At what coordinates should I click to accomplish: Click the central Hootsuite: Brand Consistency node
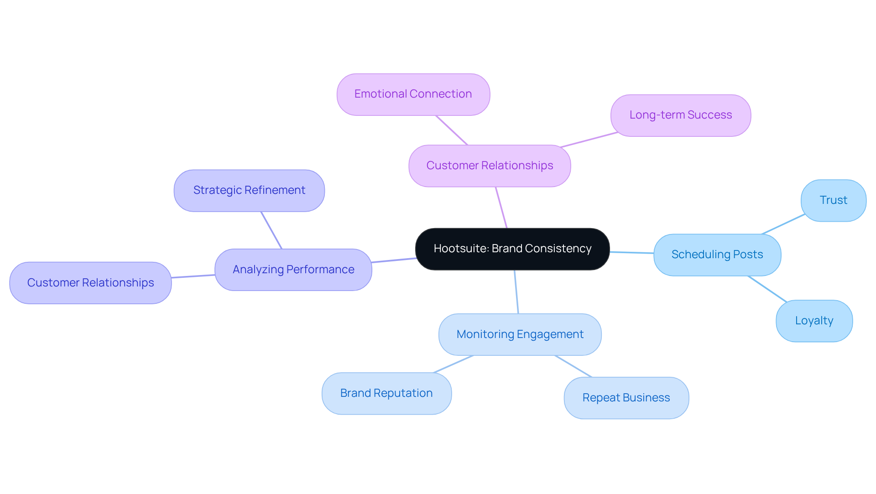coord(512,249)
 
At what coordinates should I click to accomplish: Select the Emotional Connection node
coord(413,94)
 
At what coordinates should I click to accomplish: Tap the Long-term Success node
coord(680,115)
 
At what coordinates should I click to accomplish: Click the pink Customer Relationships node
coord(490,166)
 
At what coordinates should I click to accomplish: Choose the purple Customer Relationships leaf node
coord(90,283)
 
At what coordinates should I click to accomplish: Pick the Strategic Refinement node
coord(249,191)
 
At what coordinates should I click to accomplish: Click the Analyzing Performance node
coord(293,270)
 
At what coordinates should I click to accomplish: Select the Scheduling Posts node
coord(717,255)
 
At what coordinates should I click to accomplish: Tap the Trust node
coord(833,201)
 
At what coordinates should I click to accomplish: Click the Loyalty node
coord(814,321)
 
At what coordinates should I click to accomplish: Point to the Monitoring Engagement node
coord(520,334)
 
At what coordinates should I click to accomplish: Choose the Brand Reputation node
coord(386,394)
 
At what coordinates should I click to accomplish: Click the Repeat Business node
coord(626,398)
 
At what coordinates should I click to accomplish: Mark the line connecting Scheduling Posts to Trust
coord(783,224)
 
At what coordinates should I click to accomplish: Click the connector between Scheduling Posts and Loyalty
coord(767,289)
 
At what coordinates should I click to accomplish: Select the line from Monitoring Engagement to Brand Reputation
coord(454,364)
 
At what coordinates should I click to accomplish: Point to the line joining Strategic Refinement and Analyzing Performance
coord(271,230)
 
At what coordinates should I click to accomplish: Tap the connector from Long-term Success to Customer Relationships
coord(589,140)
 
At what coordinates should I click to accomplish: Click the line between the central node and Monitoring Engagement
coord(516,292)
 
